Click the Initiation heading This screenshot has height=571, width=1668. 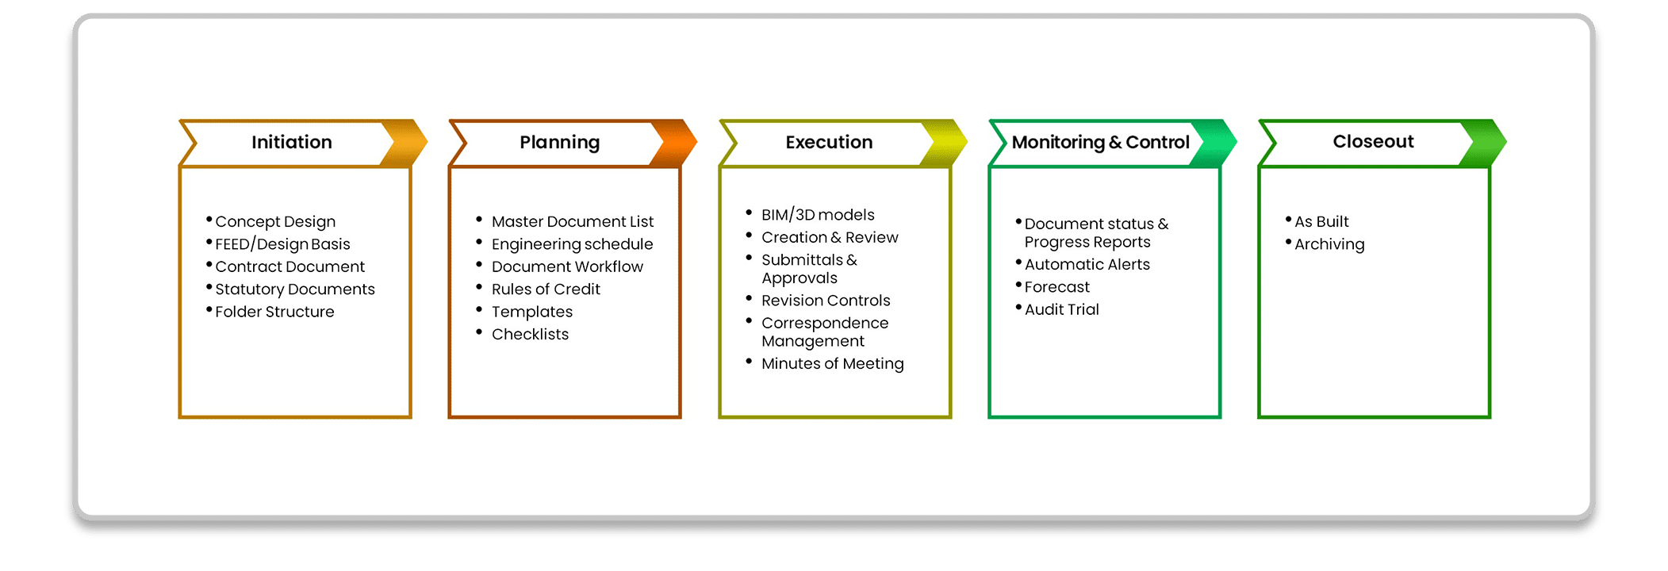pos(292,142)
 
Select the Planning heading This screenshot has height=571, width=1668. pos(560,143)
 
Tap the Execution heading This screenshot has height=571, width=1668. pos(829,142)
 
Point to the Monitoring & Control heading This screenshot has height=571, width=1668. pos(1100,143)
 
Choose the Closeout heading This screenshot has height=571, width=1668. pos(1373,141)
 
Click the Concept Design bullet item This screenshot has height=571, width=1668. pos(275,222)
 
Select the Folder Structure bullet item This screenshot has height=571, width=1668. pos(274,312)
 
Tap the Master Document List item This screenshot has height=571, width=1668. pos(573,222)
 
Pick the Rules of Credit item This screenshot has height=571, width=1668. pos(546,289)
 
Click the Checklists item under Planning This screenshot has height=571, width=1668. pos(530,334)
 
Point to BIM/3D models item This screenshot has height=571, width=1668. pos(818,215)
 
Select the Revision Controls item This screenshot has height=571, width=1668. pos(826,301)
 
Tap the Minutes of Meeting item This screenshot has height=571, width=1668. pos(833,364)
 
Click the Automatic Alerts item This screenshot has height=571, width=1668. pos(1087,264)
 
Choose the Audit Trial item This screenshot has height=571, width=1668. pos(1061,309)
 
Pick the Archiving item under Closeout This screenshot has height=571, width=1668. pos(1329,244)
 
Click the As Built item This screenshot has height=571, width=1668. pos(1321,222)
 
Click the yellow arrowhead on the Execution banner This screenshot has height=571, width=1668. pos(945,143)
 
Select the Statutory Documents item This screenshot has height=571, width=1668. pos(295,289)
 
